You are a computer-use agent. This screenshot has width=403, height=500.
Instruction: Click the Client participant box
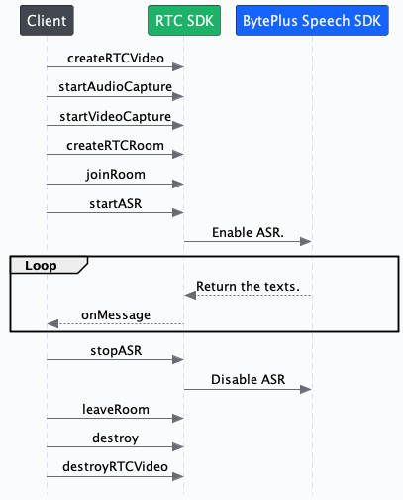tap(46, 21)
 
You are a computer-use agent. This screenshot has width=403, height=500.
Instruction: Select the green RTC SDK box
tap(183, 21)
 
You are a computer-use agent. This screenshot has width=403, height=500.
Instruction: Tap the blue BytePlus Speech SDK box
tap(313, 21)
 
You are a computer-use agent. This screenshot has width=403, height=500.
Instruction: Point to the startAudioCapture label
tap(114, 88)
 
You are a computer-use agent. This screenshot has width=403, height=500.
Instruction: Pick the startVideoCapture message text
tap(114, 117)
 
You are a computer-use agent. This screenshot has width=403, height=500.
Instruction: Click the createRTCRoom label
tap(114, 145)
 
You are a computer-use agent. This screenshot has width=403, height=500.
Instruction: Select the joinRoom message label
tap(114, 174)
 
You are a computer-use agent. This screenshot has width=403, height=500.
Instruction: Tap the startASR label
tap(114, 202)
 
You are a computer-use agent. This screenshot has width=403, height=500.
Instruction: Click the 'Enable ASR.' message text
tap(248, 231)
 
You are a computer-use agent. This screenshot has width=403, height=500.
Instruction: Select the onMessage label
tap(115, 314)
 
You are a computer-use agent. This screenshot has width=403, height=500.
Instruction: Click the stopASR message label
tap(114, 351)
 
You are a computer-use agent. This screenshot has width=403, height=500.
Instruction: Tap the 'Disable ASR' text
tap(248, 380)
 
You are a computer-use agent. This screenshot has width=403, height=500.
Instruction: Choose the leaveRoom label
tap(114, 408)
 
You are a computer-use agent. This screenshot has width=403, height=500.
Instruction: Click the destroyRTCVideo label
tap(114, 465)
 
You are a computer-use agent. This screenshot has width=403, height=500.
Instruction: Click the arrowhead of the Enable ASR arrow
tap(307, 241)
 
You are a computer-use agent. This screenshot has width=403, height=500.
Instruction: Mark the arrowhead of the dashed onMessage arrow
tap(51, 324)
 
